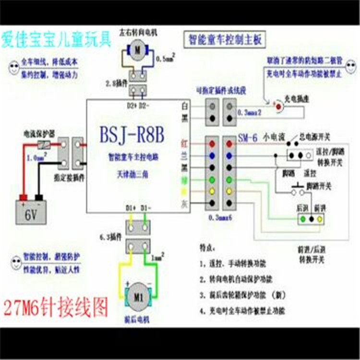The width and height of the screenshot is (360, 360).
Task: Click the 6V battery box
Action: click(31, 211)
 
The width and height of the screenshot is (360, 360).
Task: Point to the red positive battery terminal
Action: click(22, 197)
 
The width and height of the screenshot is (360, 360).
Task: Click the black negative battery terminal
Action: click(40, 197)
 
